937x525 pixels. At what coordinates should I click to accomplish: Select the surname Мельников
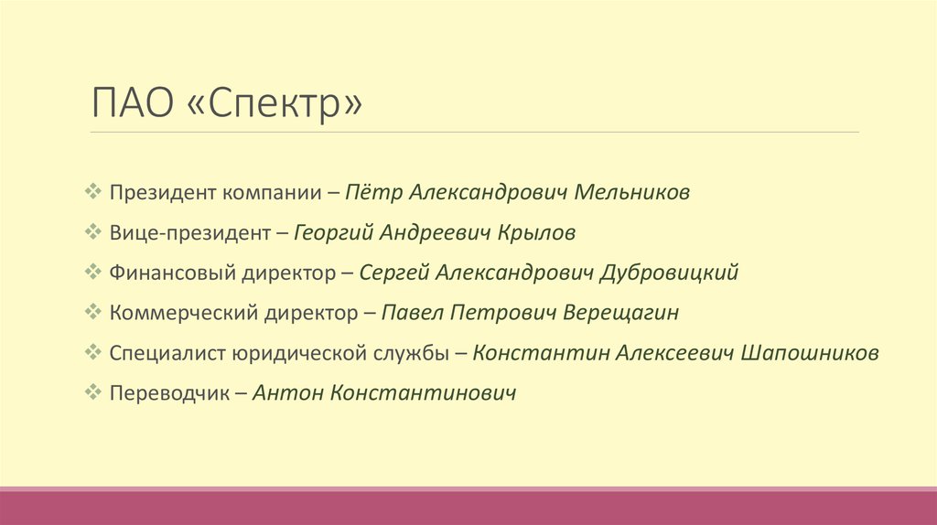(x=633, y=193)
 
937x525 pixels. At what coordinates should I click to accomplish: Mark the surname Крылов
(x=536, y=233)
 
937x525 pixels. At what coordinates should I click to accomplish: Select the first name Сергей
(x=393, y=273)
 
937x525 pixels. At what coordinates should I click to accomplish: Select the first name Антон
(x=285, y=393)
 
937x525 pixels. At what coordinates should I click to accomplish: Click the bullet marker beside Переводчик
(x=92, y=392)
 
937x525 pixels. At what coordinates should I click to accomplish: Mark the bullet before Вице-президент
(x=92, y=232)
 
